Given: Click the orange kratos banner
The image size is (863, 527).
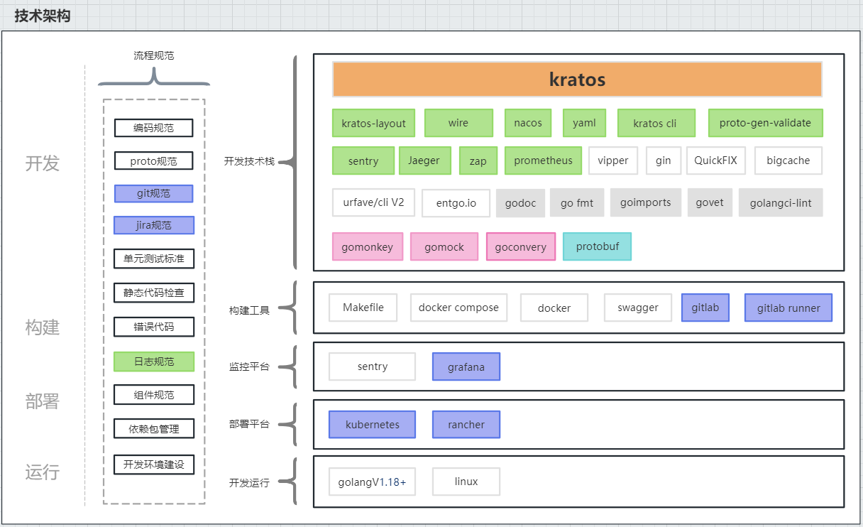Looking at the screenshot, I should [x=577, y=79].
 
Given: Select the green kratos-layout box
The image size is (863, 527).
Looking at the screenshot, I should [x=373, y=123].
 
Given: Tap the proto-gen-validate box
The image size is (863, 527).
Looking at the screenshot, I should [x=765, y=123].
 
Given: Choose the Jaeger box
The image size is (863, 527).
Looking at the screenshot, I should [x=424, y=161].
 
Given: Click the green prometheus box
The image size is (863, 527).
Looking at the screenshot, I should [x=543, y=161].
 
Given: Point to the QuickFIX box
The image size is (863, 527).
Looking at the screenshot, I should [x=715, y=161].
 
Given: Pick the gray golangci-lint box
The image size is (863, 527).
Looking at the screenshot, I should [x=780, y=202].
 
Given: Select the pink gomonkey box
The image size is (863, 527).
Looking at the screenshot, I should [x=367, y=246].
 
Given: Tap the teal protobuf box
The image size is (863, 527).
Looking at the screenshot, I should [x=596, y=246].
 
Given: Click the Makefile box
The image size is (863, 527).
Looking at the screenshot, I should [x=363, y=308].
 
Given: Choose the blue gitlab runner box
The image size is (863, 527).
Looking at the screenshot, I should [x=788, y=308].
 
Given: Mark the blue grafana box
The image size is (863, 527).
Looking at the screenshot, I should [x=466, y=366].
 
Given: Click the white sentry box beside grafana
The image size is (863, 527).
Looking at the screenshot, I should [x=372, y=366].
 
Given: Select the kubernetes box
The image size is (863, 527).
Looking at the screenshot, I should [x=372, y=425].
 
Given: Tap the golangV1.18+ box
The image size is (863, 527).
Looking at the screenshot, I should [x=372, y=482].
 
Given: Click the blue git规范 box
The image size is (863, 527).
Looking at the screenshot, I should [x=153, y=193].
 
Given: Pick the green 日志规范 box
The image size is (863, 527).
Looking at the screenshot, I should [x=153, y=362].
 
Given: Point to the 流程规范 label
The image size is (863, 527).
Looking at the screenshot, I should [x=153, y=55].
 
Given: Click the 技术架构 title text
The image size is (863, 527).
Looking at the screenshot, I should [x=43, y=16].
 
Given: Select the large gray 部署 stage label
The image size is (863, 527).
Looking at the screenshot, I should [x=42, y=401].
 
